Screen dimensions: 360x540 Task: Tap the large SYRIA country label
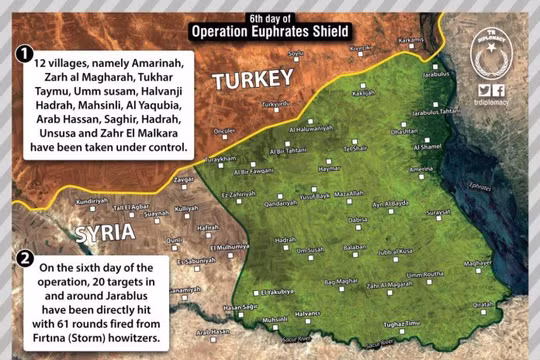click(x=105, y=232)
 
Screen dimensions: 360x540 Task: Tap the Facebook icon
click(x=499, y=89)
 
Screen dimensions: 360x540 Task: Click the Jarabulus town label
click(x=438, y=74)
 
